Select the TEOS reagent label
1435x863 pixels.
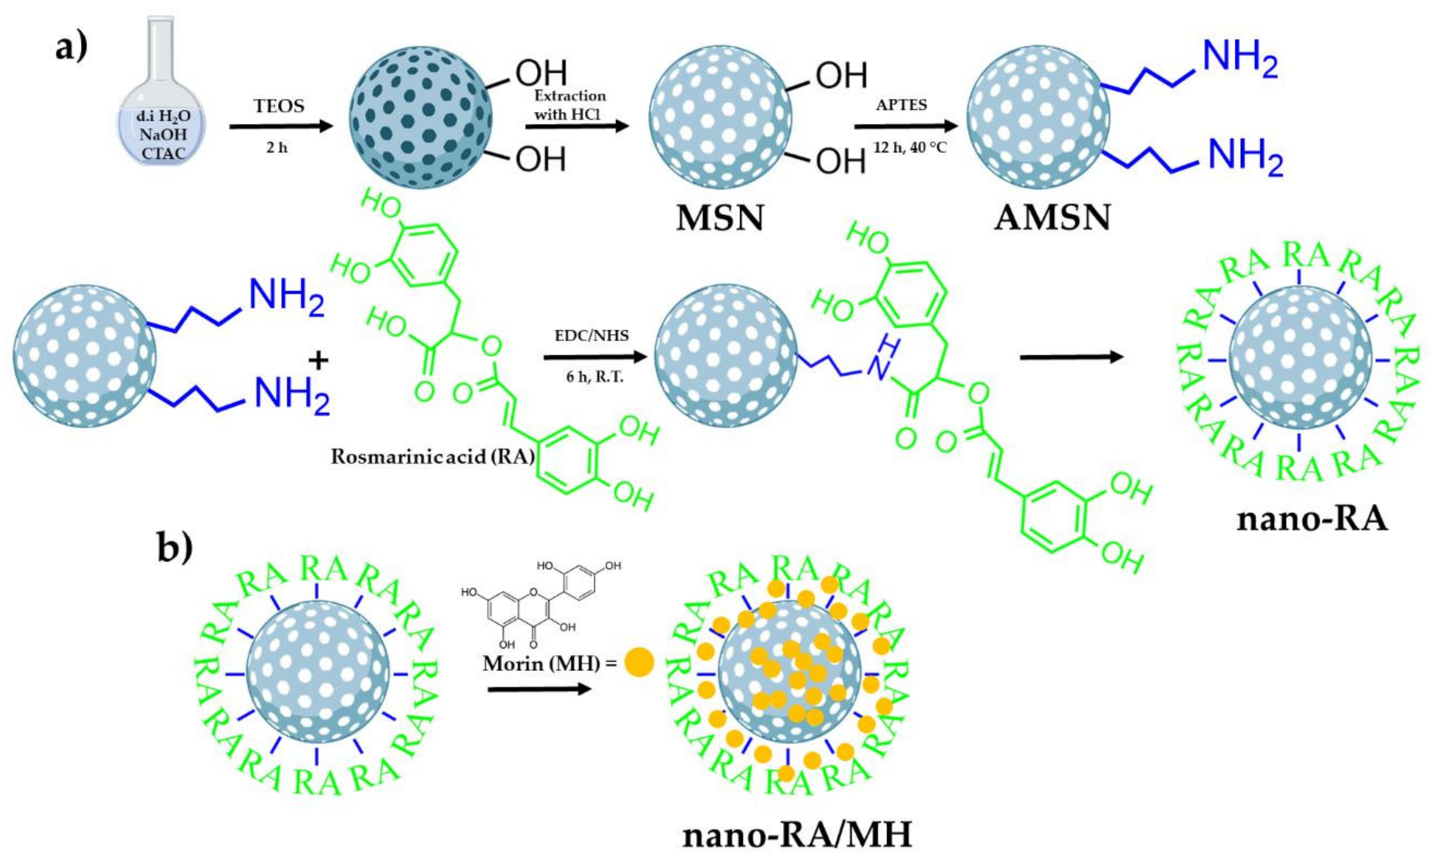279,107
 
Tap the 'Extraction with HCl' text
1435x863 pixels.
570,105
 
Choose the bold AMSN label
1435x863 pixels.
1052,219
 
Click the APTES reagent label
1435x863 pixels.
902,105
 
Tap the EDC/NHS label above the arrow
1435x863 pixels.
592,336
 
